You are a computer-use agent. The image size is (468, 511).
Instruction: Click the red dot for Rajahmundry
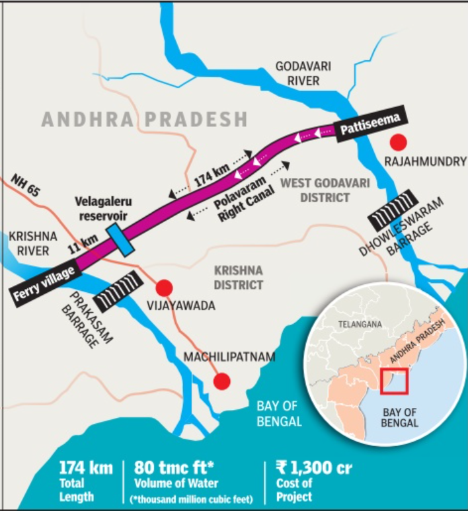(397, 141)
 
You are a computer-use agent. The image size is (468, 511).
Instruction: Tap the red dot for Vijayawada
(164, 288)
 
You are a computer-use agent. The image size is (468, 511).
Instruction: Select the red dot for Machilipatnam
(222, 381)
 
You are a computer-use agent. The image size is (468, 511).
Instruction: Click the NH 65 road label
(26, 184)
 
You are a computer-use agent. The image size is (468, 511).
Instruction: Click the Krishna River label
(29, 243)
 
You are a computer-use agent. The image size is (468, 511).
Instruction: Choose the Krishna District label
(238, 278)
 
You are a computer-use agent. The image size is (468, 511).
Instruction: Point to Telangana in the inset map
(360, 325)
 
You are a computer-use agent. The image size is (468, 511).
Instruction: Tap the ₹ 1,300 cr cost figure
(314, 469)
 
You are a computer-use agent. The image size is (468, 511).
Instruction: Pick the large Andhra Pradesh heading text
(144, 120)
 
